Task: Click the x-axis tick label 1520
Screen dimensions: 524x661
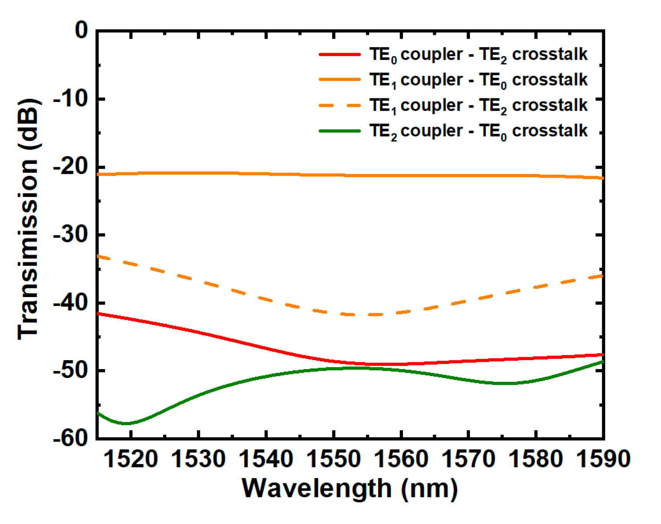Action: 131,459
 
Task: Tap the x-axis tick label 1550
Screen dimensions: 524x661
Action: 333,459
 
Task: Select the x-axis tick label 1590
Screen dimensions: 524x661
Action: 603,459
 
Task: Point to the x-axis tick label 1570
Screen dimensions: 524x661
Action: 468,459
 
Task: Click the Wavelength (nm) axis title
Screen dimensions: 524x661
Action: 349,489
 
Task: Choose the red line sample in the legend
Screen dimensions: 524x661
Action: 340,55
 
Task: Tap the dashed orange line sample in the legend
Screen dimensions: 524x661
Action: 340,105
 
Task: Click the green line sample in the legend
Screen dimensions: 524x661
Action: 340,131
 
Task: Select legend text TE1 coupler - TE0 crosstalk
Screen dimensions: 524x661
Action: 478,80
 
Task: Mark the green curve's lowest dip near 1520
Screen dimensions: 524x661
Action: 126,423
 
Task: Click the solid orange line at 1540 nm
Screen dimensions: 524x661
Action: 266,174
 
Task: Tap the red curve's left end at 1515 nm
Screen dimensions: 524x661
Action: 98,313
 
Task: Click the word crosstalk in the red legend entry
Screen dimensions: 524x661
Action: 549,54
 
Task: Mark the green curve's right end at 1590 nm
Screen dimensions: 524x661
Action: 602,362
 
